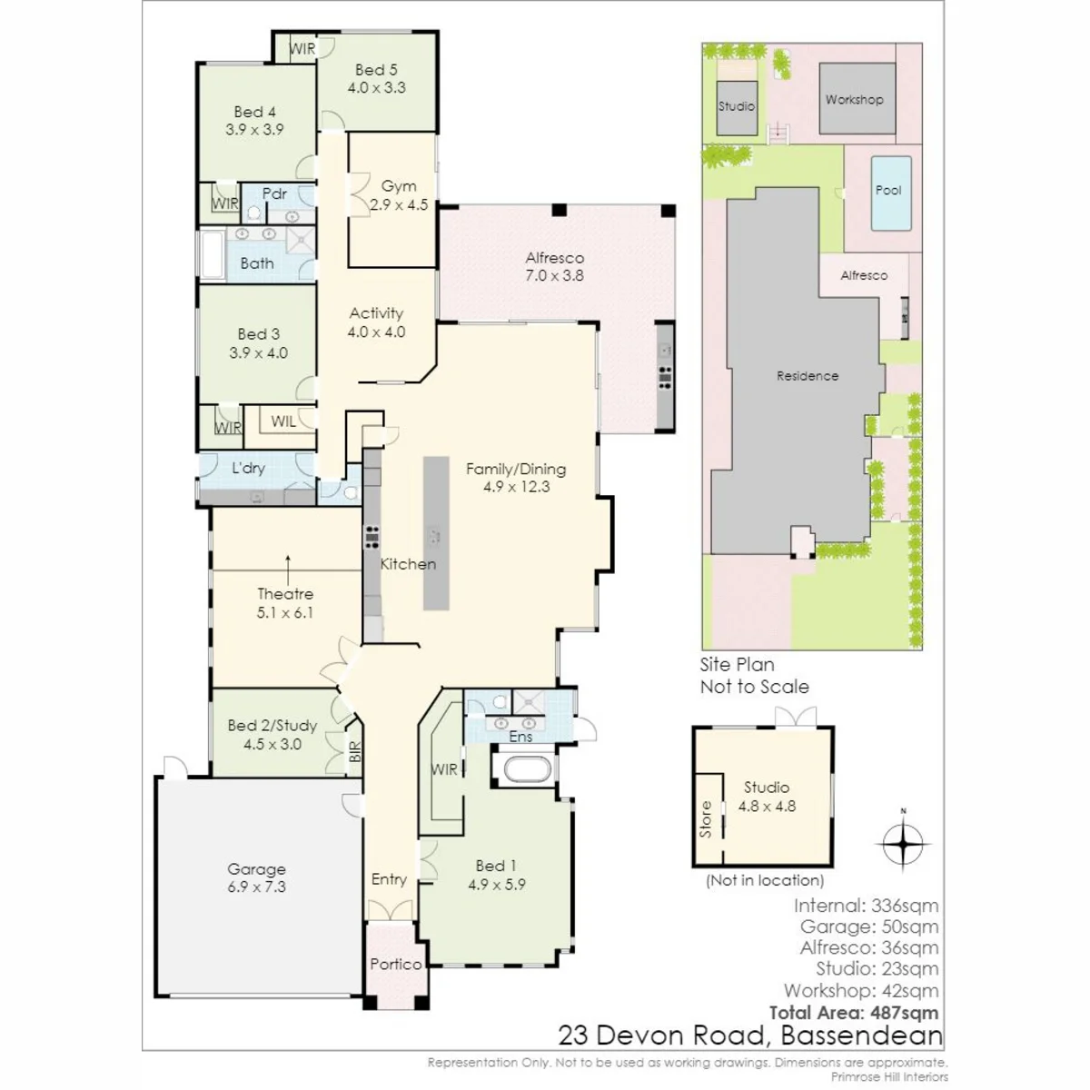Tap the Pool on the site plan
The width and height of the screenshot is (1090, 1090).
click(x=891, y=193)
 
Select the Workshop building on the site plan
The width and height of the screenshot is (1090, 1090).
click(x=857, y=98)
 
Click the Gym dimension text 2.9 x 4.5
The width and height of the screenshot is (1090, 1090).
click(x=399, y=204)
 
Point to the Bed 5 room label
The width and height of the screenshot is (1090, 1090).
click(x=376, y=70)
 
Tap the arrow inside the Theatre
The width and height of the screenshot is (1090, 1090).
click(x=288, y=570)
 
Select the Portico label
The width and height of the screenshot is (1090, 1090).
click(x=396, y=964)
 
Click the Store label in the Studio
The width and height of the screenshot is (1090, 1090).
click(x=706, y=819)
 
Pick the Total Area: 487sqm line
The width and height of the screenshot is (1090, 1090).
click(x=854, y=1013)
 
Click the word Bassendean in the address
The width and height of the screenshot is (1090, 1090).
click(x=862, y=1035)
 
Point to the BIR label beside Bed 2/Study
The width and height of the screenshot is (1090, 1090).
click(x=354, y=752)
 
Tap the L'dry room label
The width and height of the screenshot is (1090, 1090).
click(x=248, y=468)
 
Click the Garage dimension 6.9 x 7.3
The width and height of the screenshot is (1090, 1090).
click(x=257, y=887)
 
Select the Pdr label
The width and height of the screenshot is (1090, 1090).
click(x=274, y=193)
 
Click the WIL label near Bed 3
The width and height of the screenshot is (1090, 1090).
click(x=283, y=421)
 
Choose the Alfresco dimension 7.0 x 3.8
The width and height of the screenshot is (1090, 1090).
click(x=554, y=275)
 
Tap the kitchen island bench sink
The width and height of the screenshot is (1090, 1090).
click(x=434, y=534)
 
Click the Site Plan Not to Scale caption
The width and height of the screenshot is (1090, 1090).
click(x=755, y=676)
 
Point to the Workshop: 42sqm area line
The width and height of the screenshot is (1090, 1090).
click(x=861, y=990)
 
